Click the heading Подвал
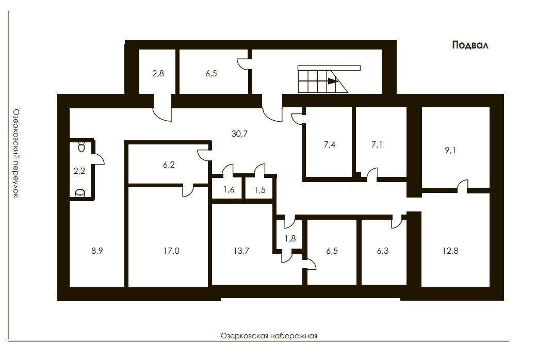[470, 45]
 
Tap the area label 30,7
[239, 134]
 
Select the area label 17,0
[171, 251]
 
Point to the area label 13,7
[241, 251]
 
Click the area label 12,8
[450, 251]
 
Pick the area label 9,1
[450, 150]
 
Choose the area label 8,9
[97, 251]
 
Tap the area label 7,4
[330, 144]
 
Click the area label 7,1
[377, 144]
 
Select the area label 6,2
[169, 165]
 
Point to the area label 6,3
[383, 251]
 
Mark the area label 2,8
[158, 73]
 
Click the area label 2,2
[79, 171]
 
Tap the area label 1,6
[229, 190]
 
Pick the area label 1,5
[260, 190]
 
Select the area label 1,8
[290, 238]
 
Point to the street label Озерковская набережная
[269, 336]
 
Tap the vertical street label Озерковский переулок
[15, 153]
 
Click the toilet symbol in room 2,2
[82, 146]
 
